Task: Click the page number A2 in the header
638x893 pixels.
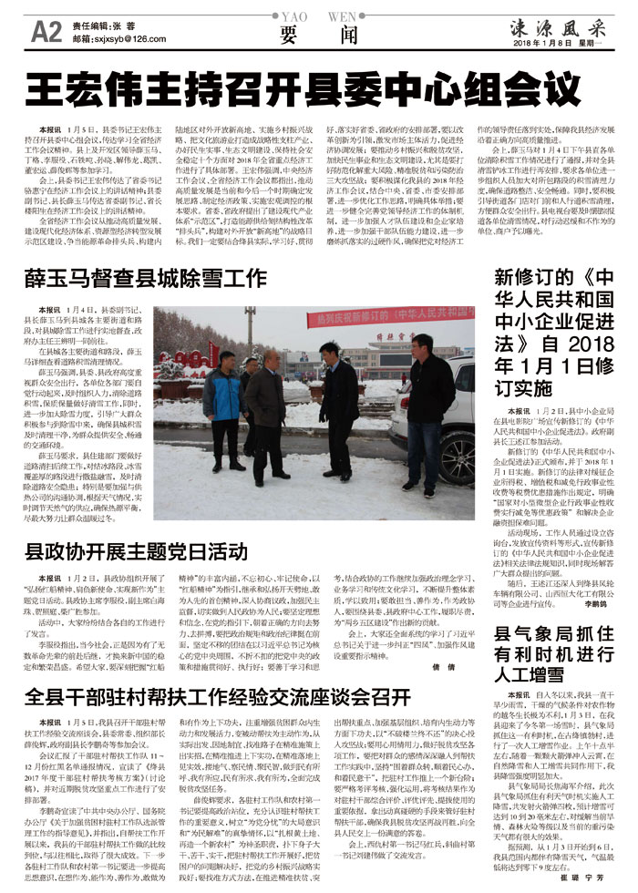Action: pyautogui.click(x=46, y=33)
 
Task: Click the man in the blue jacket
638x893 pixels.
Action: pyautogui.click(x=222, y=405)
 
